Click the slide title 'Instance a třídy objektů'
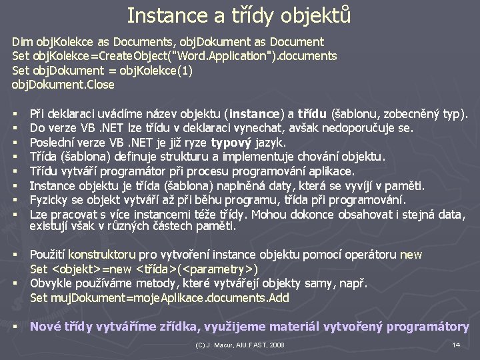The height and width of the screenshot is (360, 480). pos(239,15)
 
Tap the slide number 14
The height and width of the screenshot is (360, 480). pos(456,345)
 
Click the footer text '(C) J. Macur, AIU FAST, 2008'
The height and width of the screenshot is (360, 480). pos(239,345)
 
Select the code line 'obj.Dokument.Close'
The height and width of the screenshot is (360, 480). pos(63,85)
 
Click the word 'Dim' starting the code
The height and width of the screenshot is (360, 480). pos(22,41)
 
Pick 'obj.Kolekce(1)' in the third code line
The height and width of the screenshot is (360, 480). pos(155,70)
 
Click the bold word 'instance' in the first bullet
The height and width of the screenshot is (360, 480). pos(255,113)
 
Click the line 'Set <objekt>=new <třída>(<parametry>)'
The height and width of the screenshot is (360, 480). pos(145,269)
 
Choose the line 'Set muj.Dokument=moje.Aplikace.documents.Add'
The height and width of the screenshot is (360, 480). pos(159,298)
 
